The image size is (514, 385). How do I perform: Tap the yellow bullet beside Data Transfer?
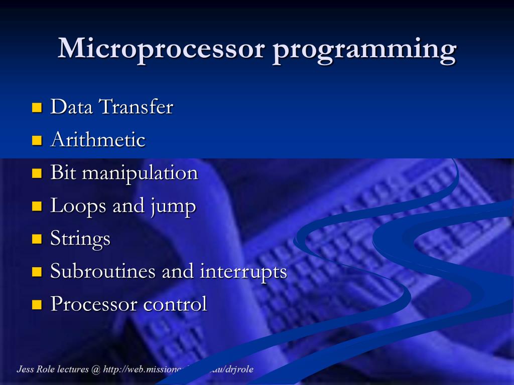click(x=37, y=107)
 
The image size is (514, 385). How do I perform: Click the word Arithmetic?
click(x=98, y=139)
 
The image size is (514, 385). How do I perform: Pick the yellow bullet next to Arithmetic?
click(x=37, y=140)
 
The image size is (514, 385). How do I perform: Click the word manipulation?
click(x=140, y=173)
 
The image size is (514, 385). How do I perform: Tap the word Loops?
click(x=78, y=206)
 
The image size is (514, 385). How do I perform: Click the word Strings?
click(x=80, y=239)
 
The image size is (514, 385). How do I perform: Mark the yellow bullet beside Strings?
click(x=37, y=239)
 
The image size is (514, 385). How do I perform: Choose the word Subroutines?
click(x=103, y=271)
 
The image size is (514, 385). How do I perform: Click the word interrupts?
click(x=243, y=272)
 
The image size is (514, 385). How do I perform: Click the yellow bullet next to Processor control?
click(x=37, y=304)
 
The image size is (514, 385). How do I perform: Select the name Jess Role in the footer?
click(x=36, y=369)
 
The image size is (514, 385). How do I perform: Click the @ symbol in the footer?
click(x=96, y=370)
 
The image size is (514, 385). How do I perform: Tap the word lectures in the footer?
click(x=73, y=369)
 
